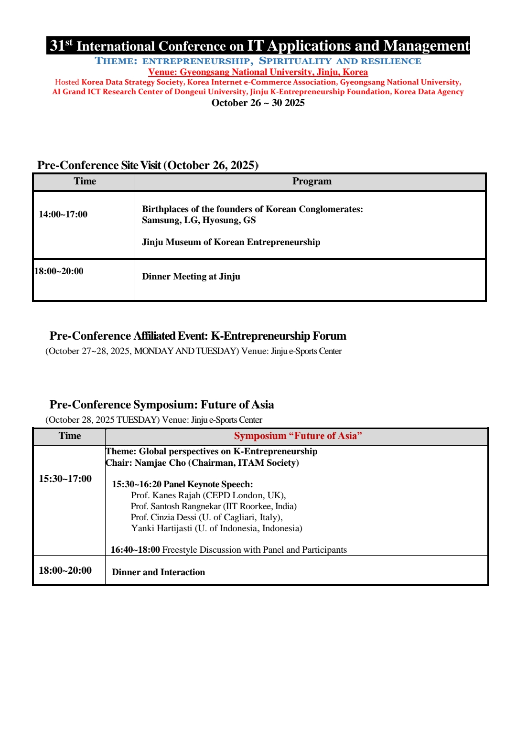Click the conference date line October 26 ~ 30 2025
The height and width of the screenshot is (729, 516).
click(x=258, y=103)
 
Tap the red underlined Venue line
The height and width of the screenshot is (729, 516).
click(x=258, y=72)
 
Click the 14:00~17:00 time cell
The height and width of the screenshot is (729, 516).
click(x=63, y=214)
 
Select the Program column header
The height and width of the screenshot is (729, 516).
click(x=312, y=182)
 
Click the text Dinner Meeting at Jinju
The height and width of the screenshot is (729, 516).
click(x=191, y=277)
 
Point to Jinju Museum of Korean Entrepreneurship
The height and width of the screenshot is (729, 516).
click(x=231, y=242)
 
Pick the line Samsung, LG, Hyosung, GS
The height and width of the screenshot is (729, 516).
click(x=199, y=220)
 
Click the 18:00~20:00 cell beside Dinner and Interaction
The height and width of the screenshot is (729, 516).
click(x=65, y=570)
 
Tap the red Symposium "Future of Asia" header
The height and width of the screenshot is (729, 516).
click(x=298, y=436)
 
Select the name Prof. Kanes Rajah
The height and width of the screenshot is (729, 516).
click(x=208, y=495)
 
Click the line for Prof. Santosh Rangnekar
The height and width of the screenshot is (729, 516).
click(x=214, y=506)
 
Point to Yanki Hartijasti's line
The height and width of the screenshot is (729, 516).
click(x=216, y=528)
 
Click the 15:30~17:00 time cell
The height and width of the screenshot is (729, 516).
click(x=65, y=479)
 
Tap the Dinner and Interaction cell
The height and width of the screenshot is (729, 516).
click(x=158, y=572)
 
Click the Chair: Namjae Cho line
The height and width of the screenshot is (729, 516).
click(x=202, y=463)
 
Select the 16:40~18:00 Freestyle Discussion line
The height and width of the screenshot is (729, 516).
click(x=229, y=550)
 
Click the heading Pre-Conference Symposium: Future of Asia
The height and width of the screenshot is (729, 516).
click(x=161, y=405)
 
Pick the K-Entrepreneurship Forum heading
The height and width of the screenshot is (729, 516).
click(x=198, y=336)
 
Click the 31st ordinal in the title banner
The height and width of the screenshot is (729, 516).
click(x=61, y=45)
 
